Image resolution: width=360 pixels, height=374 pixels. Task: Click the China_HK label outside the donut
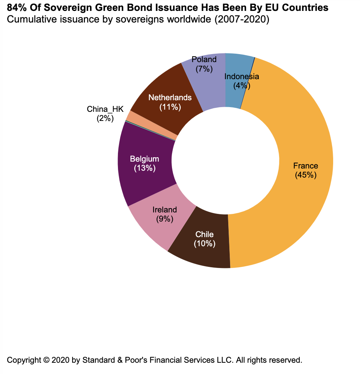coord(105,109)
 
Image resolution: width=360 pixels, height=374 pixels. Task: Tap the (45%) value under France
coord(306,175)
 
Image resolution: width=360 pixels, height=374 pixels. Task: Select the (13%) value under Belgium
coord(144,168)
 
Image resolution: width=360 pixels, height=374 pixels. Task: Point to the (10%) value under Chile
coord(205,243)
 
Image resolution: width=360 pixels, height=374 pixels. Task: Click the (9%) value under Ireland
coord(165,219)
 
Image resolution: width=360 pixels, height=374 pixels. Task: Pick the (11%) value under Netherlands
coord(170,107)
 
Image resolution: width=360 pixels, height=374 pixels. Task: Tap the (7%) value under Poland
coord(204,68)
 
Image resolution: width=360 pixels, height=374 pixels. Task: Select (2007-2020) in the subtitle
coord(241,20)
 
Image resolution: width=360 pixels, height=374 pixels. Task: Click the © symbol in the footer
coord(46,361)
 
